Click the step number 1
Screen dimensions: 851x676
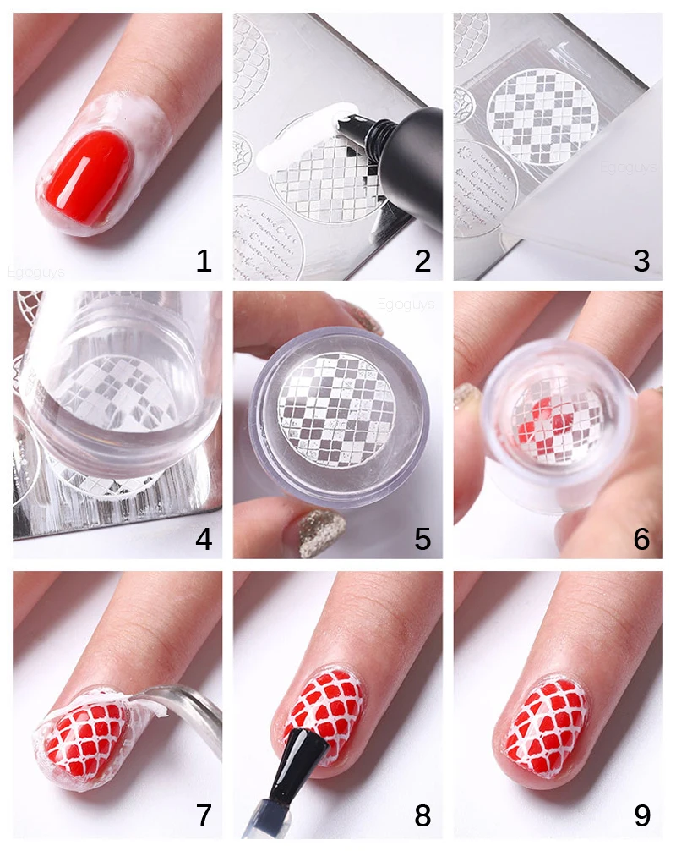(x=203, y=261)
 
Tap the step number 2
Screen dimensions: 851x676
(x=422, y=261)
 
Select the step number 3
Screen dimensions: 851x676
(x=642, y=261)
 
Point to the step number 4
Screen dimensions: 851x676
(x=203, y=539)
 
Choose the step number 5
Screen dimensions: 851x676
(x=422, y=539)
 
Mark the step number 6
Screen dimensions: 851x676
(x=642, y=539)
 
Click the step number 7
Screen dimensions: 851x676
(x=203, y=815)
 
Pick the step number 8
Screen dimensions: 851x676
(x=422, y=815)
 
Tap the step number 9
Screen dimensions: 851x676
(x=642, y=815)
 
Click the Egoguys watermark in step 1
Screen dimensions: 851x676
(x=39, y=272)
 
